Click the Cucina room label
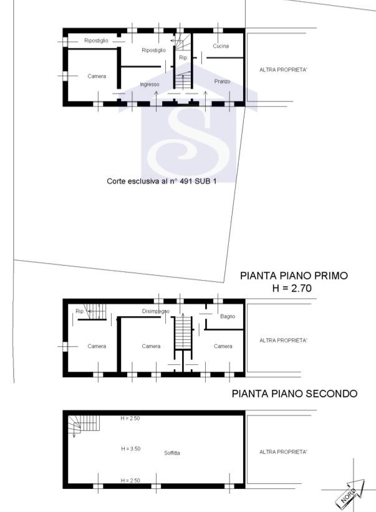(x=220, y=46)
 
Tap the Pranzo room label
(x=222, y=82)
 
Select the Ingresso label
(x=150, y=84)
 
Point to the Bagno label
(x=228, y=316)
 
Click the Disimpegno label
(x=155, y=311)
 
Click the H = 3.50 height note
(x=130, y=448)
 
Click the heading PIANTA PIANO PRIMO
(x=294, y=275)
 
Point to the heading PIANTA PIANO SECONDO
(x=294, y=394)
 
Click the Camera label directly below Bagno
(x=223, y=346)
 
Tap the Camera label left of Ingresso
(x=97, y=76)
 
